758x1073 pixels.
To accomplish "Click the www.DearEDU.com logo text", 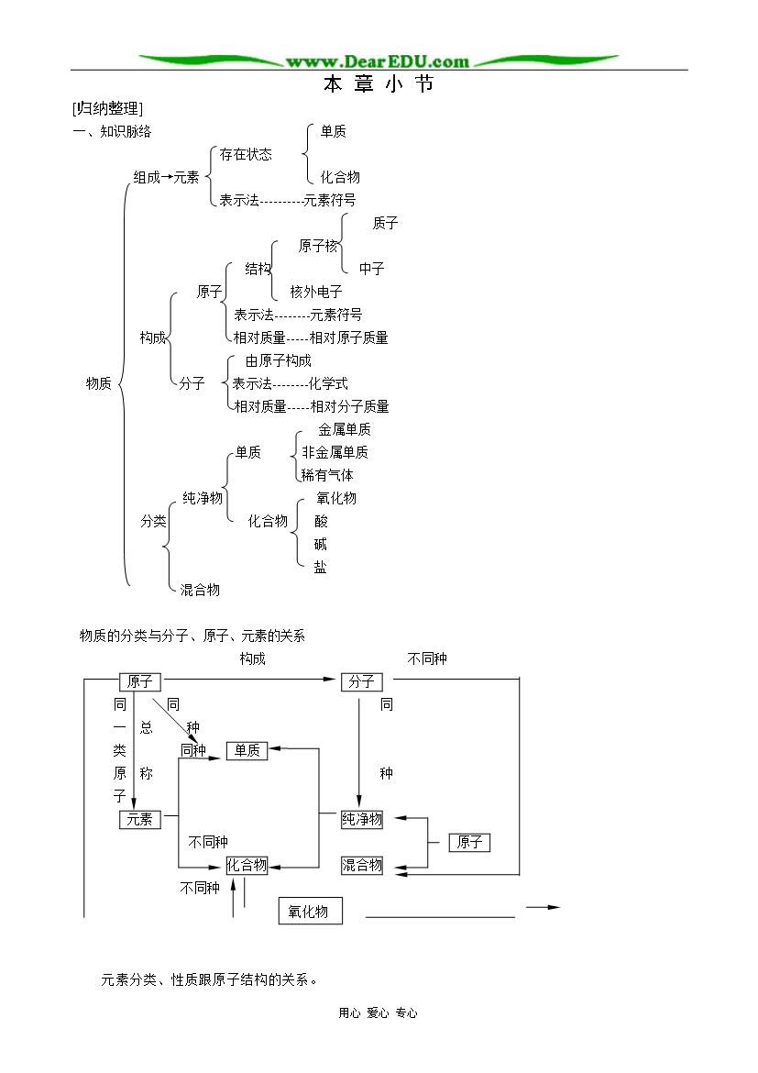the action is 378,61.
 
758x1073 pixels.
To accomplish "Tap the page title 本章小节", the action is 379,84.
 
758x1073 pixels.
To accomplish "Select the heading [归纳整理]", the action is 107,108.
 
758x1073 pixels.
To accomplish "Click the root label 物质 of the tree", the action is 98,383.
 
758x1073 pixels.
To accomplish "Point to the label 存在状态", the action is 246,155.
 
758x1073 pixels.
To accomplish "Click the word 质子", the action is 385,223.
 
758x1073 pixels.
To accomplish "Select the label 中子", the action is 371,269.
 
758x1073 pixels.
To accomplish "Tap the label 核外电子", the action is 316,293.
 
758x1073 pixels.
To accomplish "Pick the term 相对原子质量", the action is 349,337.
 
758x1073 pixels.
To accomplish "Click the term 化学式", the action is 328,383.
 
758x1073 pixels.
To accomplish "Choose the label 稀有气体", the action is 327,475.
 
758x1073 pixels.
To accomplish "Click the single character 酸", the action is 321,522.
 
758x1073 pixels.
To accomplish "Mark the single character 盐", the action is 320,568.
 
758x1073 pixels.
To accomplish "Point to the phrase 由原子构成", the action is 279,360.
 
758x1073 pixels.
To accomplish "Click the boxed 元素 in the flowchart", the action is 140,819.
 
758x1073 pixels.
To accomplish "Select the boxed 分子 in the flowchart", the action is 362,681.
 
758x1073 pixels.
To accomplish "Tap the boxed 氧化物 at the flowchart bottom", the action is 310,911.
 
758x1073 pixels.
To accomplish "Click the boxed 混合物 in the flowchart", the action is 362,865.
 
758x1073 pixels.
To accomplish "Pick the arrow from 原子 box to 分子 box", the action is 250,679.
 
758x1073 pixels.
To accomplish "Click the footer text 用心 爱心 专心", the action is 378,1012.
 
